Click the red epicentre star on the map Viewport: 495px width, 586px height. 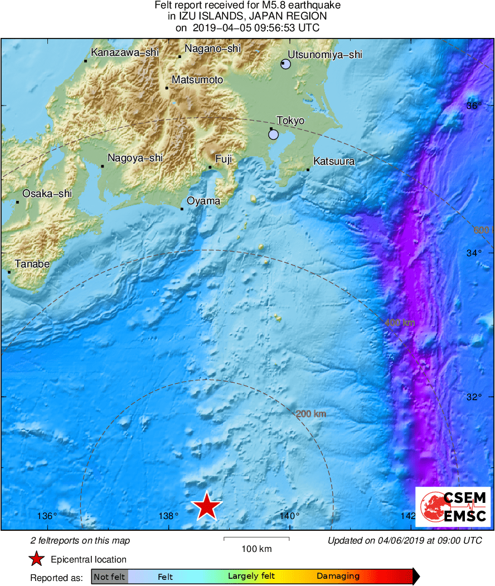coord(207,506)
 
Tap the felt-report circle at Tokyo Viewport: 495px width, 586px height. coord(273,134)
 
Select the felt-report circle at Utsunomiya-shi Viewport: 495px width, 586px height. coord(286,64)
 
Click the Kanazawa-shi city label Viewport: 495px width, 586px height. coord(125,52)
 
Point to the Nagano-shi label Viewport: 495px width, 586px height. coord(212,49)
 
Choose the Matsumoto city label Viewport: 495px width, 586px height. coord(197,80)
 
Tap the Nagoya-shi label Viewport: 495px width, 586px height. coord(135,158)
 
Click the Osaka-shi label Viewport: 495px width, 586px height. coord(47,194)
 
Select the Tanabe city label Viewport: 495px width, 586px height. coord(32,264)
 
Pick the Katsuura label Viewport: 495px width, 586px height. coord(334,162)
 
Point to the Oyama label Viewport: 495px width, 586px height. coord(203,201)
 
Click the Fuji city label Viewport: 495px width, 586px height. coord(224,159)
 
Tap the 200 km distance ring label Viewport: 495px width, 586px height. coord(310,414)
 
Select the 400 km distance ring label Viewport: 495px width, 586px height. coord(400,323)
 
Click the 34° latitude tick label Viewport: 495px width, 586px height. coord(474,253)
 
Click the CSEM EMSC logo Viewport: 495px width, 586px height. coord(453,507)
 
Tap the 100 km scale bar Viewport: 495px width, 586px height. coord(256,539)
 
